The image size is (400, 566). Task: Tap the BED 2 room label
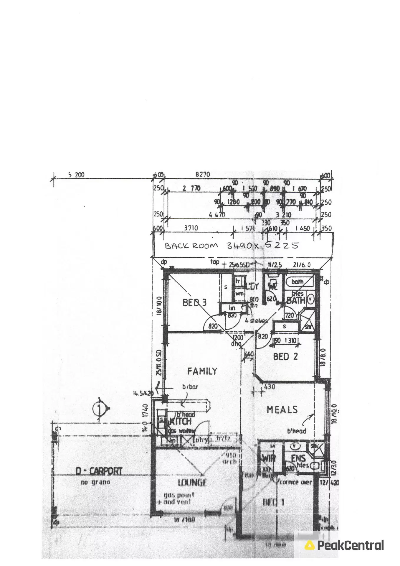tap(285, 357)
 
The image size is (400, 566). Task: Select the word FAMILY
tap(202, 371)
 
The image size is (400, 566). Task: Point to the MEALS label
tap(282, 409)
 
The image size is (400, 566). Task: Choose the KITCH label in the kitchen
tap(180, 421)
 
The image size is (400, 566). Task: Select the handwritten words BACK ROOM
tap(191, 246)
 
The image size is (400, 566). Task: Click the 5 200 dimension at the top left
tap(76, 175)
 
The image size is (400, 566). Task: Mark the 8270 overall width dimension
tap(202, 175)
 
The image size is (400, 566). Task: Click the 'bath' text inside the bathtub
tap(297, 282)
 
